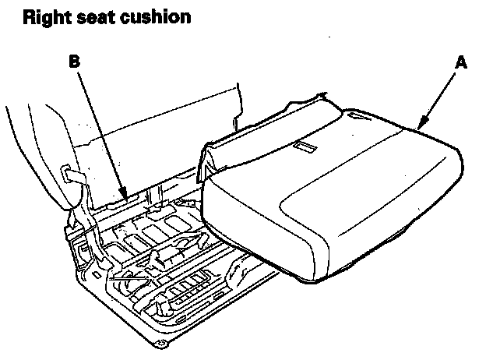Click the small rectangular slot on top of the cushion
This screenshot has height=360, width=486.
click(x=303, y=146)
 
